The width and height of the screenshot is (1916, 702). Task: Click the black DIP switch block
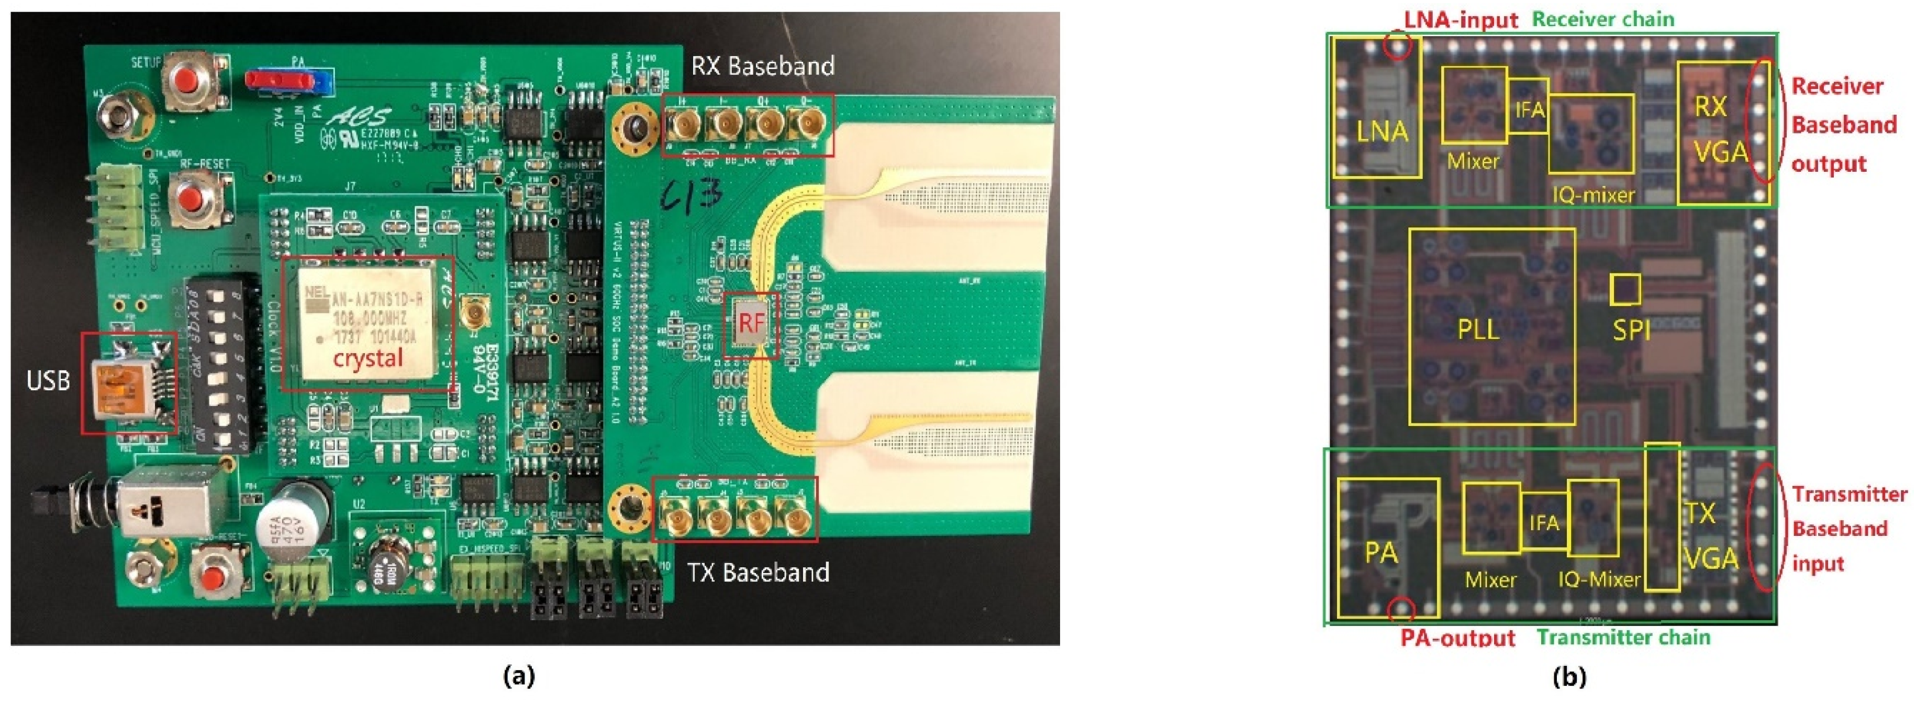click(x=221, y=365)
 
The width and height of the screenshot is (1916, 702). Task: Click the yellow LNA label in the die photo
click(x=1382, y=132)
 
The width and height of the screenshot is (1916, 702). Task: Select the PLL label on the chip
click(x=1478, y=328)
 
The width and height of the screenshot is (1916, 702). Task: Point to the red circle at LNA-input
click(x=1397, y=46)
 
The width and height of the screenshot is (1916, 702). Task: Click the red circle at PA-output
click(x=1402, y=610)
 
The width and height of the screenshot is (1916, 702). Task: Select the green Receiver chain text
click(x=1603, y=19)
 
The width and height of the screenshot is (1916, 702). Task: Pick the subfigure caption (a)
click(x=518, y=677)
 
